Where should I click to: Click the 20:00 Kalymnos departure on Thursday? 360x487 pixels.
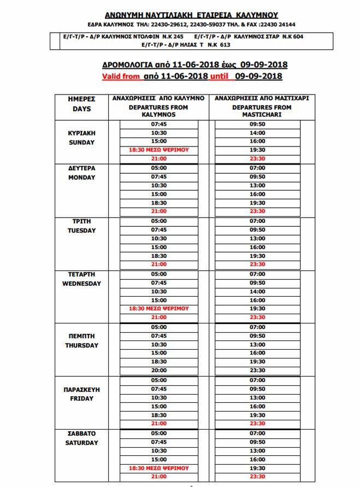(158, 371)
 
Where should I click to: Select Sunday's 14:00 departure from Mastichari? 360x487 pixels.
(257, 133)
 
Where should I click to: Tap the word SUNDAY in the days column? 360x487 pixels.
(81, 142)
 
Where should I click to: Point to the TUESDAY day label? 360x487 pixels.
(81, 230)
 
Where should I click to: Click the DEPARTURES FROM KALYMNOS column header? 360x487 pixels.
(158, 112)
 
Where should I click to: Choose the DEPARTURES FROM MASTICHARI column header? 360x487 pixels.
(262, 112)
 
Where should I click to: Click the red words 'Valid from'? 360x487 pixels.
(121, 77)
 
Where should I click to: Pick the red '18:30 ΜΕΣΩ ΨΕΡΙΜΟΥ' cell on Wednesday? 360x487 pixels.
(158, 308)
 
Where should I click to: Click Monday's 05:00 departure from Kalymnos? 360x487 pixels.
(158, 168)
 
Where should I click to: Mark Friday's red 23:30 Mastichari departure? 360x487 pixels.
(257, 424)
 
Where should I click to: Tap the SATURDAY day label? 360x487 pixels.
(81, 442)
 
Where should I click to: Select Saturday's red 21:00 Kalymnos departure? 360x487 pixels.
(158, 477)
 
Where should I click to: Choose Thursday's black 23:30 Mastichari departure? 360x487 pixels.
(257, 371)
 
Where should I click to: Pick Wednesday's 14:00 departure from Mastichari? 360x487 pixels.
(257, 291)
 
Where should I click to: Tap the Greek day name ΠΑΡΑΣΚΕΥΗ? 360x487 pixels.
(81, 389)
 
